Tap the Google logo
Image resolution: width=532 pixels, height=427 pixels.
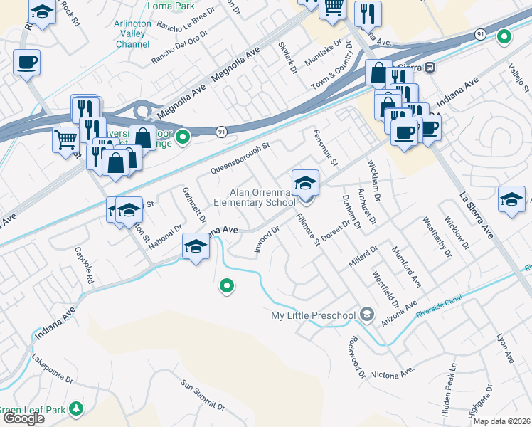23,418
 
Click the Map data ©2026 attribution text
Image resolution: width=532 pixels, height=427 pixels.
501,421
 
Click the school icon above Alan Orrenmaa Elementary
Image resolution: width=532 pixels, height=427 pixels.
305,183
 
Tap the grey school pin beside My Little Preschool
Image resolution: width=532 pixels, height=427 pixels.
366,314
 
